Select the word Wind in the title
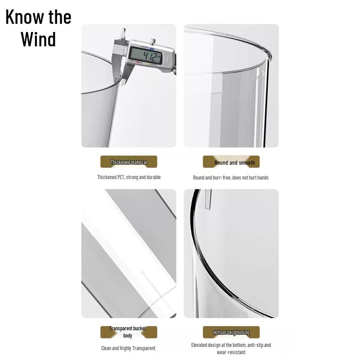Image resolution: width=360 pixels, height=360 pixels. [x=38, y=39]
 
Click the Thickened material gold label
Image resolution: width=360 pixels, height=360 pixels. [x=129, y=162]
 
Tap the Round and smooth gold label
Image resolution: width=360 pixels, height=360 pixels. [x=231, y=162]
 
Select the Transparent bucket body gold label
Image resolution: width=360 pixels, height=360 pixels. [x=128, y=332]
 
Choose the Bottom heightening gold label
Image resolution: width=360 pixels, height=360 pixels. [x=231, y=333]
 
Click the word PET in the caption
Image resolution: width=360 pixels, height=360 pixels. [x=121, y=177]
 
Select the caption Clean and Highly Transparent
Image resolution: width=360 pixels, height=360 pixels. [x=128, y=348]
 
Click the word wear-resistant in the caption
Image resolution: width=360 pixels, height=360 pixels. [x=231, y=352]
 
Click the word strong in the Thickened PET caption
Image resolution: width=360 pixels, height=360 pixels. [x=132, y=177]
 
